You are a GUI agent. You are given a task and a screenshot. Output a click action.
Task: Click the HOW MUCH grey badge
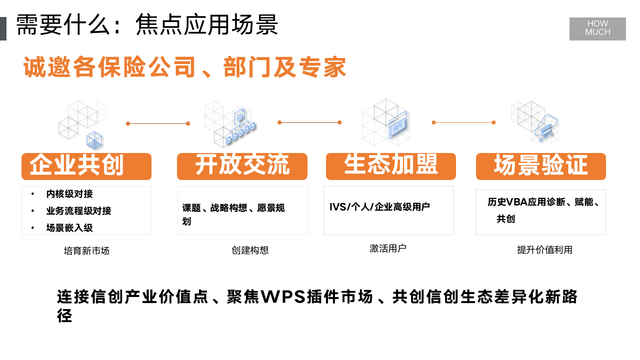tap(597, 28)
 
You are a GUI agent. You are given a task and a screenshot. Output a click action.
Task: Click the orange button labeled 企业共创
tap(86, 166)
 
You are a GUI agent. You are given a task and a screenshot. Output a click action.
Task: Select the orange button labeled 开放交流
tap(242, 166)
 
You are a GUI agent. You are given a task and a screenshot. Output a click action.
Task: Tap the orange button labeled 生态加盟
tap(390, 166)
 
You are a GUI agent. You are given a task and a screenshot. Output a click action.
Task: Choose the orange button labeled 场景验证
tap(540, 166)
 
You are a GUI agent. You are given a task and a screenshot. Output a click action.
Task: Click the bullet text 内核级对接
tap(69, 194)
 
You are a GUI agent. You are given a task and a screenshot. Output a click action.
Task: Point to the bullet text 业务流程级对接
tap(78, 211)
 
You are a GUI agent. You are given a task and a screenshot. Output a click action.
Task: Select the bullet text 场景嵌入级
tap(69, 228)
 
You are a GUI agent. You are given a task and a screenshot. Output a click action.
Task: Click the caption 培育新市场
tap(86, 251)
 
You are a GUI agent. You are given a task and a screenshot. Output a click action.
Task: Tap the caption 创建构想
tap(250, 250)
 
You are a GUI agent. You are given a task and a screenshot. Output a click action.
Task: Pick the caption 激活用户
tap(388, 248)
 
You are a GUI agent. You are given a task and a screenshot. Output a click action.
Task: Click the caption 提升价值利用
tap(544, 250)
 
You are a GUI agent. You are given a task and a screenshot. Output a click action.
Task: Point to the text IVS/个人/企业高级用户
tap(379, 207)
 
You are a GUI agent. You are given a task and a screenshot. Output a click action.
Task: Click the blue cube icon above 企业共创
tap(94, 140)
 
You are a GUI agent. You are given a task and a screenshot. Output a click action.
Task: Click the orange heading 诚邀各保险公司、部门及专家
tap(185, 67)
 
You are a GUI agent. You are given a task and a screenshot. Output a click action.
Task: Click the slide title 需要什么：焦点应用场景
tap(147, 25)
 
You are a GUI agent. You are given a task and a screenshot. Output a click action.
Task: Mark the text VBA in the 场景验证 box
tap(517, 202)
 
